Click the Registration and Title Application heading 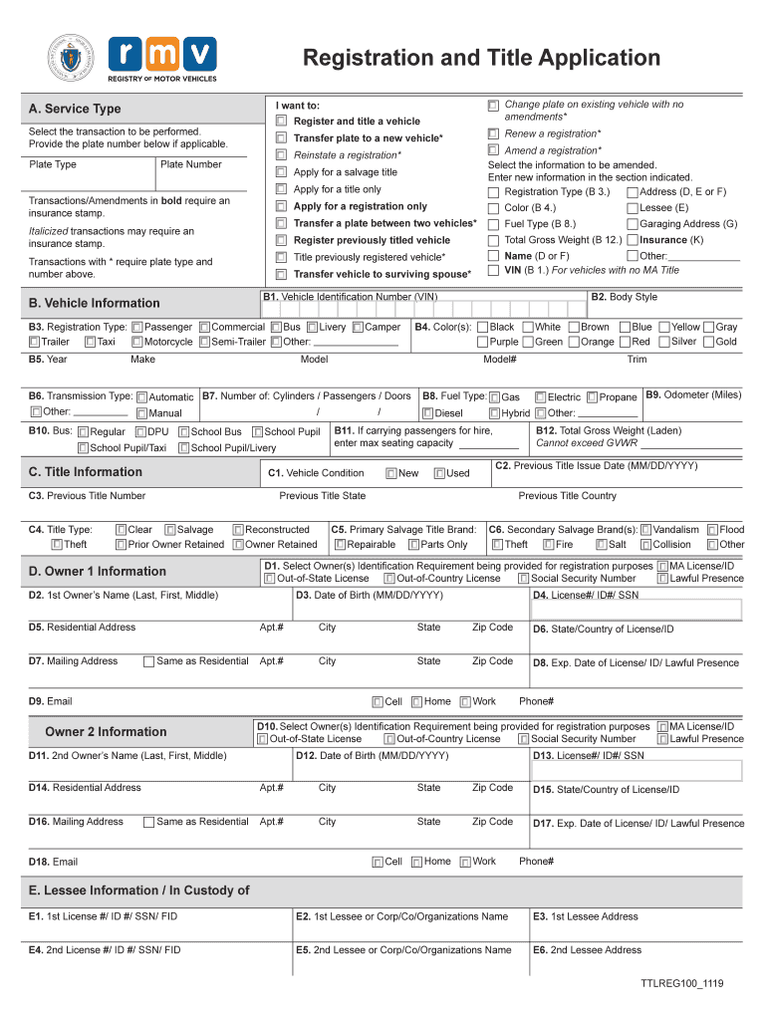coord(481,58)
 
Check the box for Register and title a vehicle coord(281,122)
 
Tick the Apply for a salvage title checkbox coord(281,172)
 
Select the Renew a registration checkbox coord(493,133)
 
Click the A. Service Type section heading coord(76,109)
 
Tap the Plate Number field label coord(191,164)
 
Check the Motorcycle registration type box coord(136,342)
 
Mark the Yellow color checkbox coord(662,327)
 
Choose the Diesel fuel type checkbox coord(427,413)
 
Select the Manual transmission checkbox coord(141,413)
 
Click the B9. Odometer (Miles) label coord(693,395)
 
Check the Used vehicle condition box coord(439,473)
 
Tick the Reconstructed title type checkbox coord(238,530)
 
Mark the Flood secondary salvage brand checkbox coord(712,530)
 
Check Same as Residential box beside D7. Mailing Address coord(148,661)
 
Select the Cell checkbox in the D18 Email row coord(378,862)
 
